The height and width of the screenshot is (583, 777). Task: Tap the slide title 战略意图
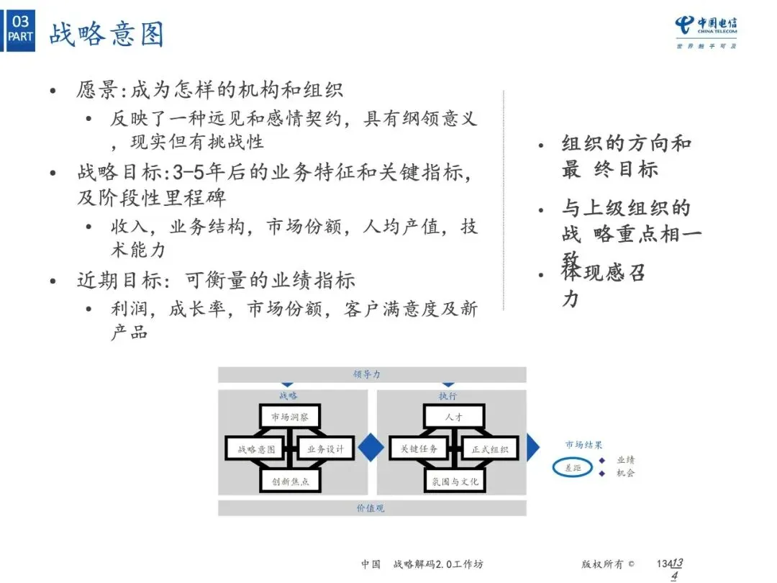(106, 34)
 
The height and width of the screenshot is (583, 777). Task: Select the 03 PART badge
(20, 29)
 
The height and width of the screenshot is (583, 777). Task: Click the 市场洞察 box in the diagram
(290, 417)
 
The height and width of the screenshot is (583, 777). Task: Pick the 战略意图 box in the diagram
(256, 449)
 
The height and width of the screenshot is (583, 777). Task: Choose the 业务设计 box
(325, 449)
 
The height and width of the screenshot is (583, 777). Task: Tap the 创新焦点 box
(290, 482)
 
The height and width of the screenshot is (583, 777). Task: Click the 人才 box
(453, 417)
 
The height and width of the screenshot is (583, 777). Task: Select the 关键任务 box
(419, 449)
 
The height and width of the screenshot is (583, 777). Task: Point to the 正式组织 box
(489, 449)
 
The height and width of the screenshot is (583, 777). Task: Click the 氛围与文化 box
(453, 482)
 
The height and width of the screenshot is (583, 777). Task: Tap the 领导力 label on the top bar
(367, 374)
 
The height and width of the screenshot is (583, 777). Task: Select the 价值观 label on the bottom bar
(371, 508)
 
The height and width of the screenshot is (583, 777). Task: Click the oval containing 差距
(573, 468)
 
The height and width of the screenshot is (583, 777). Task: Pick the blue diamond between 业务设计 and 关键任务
(371, 447)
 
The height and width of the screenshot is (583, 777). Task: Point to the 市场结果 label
(583, 446)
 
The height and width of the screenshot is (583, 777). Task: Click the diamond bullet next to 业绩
(601, 460)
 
